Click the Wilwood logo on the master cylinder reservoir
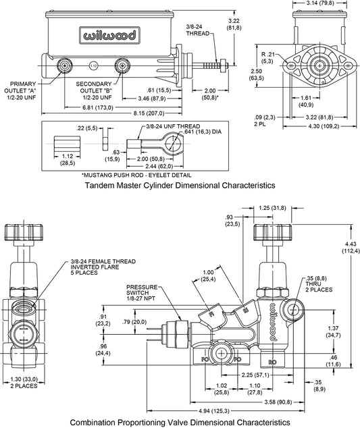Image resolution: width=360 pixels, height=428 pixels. tap(109, 35)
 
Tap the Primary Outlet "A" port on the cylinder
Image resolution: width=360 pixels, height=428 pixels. tap(65, 65)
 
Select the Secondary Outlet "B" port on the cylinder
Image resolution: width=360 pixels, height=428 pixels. tap(122, 65)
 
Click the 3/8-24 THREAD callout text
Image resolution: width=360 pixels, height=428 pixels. tap(198, 30)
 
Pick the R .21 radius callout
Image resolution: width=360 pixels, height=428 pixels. tap(267, 58)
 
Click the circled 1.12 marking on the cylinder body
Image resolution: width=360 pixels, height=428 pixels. tap(93, 65)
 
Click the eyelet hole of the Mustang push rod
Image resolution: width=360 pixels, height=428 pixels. tap(172, 142)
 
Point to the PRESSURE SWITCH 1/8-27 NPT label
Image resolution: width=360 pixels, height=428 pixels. tap(142, 292)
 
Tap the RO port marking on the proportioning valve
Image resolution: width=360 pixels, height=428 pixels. tap(272, 363)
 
